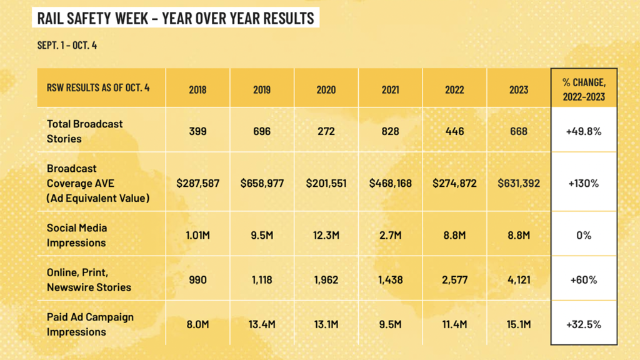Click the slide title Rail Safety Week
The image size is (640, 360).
pyautogui.click(x=176, y=17)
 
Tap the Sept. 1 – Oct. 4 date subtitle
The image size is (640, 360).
pyautogui.click(x=67, y=46)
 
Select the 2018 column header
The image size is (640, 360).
pyautogui.click(x=197, y=89)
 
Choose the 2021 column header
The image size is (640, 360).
pyautogui.click(x=390, y=89)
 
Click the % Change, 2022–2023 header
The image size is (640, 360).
pyautogui.click(x=584, y=89)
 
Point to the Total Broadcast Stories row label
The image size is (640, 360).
pyautogui.click(x=85, y=131)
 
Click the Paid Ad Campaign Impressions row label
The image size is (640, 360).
pyautogui.click(x=90, y=324)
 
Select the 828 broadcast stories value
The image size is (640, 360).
pyautogui.click(x=390, y=131)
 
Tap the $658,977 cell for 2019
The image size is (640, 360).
pyautogui.click(x=262, y=184)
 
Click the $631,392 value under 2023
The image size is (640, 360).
pyautogui.click(x=519, y=184)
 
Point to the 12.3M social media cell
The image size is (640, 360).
pyautogui.click(x=326, y=236)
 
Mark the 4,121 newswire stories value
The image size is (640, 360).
pyautogui.click(x=519, y=280)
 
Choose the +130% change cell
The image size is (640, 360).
pyautogui.click(x=584, y=184)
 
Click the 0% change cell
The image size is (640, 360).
pyautogui.click(x=584, y=236)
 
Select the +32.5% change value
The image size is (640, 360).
pyautogui.click(x=584, y=324)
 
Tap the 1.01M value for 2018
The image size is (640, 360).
pyautogui.click(x=197, y=236)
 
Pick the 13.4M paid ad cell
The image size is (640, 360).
pyautogui.click(x=262, y=324)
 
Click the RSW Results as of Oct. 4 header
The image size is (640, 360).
pyautogui.click(x=98, y=87)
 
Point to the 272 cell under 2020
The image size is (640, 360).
pyautogui.click(x=326, y=131)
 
